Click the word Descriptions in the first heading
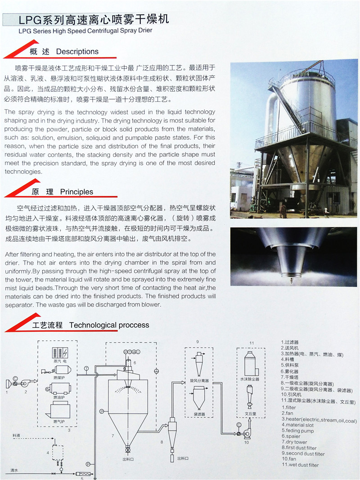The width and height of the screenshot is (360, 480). point(77,51)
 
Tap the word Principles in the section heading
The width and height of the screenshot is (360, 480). point(76,192)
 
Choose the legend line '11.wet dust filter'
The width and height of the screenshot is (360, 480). point(300,465)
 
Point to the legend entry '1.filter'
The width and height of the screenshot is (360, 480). point(289,408)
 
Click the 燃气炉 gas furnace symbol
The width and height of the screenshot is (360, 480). point(58,410)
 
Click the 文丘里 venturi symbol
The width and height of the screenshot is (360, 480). point(250,397)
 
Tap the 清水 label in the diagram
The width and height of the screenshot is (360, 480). point(14,471)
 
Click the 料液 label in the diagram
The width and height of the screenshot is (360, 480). point(16,435)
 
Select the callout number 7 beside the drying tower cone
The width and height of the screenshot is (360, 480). point(112,435)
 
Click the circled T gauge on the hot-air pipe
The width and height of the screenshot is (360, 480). point(86,368)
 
